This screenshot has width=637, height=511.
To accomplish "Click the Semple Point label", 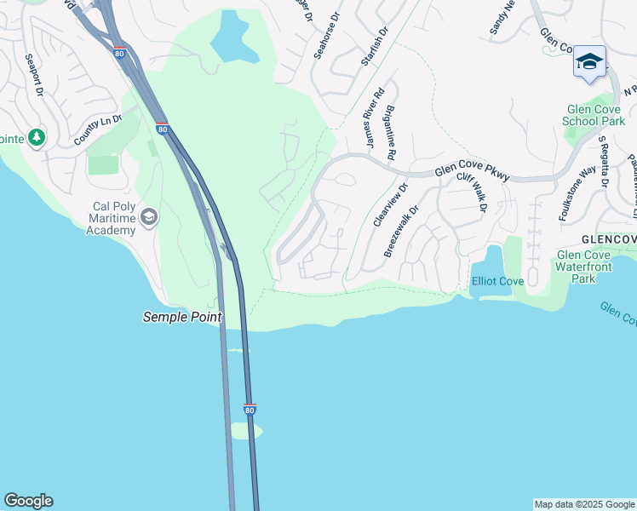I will pyautogui.click(x=181, y=318).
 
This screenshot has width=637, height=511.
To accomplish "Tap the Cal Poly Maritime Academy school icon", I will pyautogui.click(x=150, y=217).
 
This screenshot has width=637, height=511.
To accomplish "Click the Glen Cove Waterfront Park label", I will pyautogui.click(x=583, y=267).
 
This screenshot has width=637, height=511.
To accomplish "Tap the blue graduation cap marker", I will pyautogui.click(x=589, y=62).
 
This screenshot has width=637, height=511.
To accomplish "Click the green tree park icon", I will pyautogui.click(x=36, y=137).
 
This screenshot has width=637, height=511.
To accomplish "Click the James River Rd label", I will pyautogui.click(x=375, y=118).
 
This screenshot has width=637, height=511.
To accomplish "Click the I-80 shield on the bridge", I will pyautogui.click(x=250, y=410).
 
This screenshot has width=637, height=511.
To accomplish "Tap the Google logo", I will pyautogui.click(x=28, y=501).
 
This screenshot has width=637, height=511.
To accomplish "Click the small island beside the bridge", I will pyautogui.click(x=246, y=431).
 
